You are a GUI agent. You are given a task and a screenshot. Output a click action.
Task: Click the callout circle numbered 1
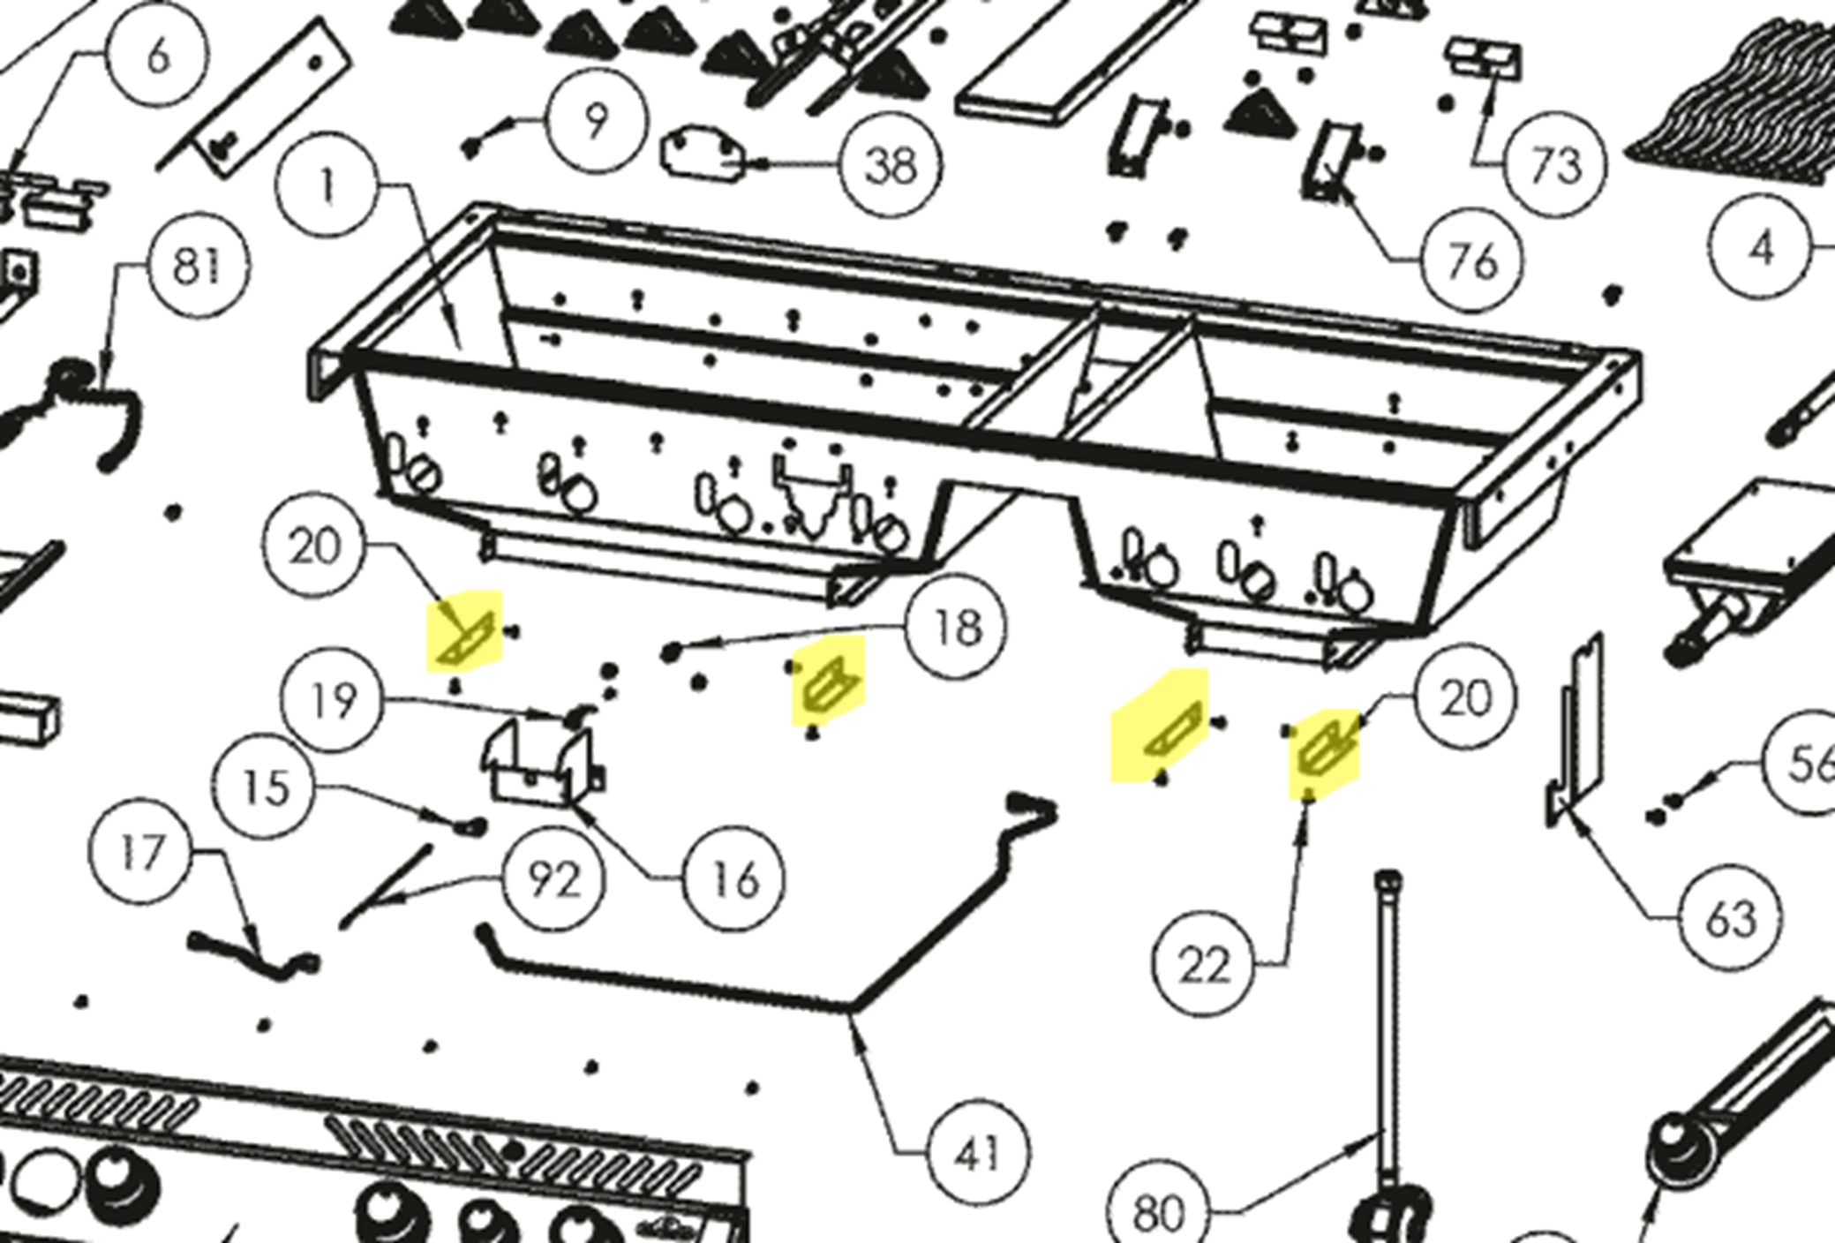click(327, 187)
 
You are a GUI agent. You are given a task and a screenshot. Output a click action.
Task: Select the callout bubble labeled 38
click(891, 166)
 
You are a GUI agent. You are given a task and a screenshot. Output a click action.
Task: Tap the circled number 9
click(597, 118)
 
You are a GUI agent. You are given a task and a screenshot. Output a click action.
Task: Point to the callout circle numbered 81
click(198, 265)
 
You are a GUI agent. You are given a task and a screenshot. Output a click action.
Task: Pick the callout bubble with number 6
click(158, 57)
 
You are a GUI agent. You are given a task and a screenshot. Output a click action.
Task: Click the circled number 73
click(1554, 165)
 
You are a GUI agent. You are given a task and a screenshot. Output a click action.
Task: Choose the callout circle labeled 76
click(1473, 260)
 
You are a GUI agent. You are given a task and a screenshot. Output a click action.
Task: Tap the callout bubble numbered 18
click(957, 628)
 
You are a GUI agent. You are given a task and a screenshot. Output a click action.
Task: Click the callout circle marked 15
click(266, 786)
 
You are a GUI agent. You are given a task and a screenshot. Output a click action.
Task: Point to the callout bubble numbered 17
click(141, 853)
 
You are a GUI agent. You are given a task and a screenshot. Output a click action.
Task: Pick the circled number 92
click(554, 880)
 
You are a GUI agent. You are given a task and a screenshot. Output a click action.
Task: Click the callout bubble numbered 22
click(1204, 965)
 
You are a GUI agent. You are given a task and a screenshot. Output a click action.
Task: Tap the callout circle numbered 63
click(1731, 919)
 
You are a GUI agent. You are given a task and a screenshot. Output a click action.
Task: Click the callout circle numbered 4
click(1759, 249)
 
